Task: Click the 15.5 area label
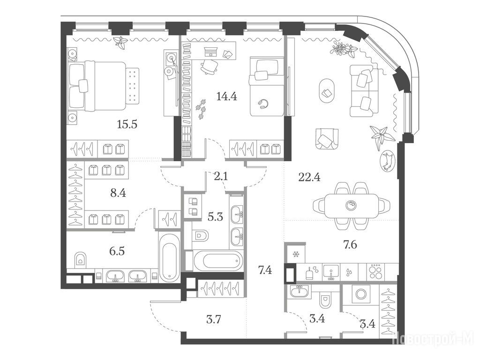click(x=127, y=124)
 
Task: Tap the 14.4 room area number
click(x=226, y=97)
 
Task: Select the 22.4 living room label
click(x=309, y=177)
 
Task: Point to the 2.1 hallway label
click(x=220, y=176)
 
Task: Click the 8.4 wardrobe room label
click(x=118, y=193)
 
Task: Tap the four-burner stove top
click(x=375, y=271)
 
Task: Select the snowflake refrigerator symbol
click(x=296, y=254)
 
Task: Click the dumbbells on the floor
click(x=201, y=109)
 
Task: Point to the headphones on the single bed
click(x=263, y=104)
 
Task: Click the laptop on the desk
click(x=210, y=52)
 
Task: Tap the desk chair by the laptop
click(x=210, y=67)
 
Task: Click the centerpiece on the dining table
click(x=350, y=205)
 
